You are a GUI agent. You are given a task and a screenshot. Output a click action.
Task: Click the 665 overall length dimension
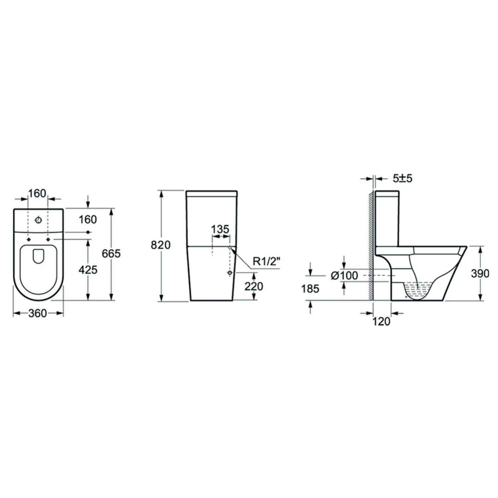[111, 254]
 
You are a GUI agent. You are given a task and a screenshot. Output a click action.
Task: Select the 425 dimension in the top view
[88, 270]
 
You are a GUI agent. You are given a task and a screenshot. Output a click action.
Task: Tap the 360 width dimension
[38, 313]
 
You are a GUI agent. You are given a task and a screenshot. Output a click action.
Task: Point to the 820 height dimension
[161, 245]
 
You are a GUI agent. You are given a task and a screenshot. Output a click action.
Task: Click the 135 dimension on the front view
[220, 229]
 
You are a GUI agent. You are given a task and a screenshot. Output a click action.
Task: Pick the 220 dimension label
[254, 286]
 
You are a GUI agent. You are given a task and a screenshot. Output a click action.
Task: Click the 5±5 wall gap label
[402, 178]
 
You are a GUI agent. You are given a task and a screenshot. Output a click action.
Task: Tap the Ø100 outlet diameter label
[345, 275]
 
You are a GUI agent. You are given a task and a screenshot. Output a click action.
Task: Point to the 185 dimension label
[310, 289]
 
